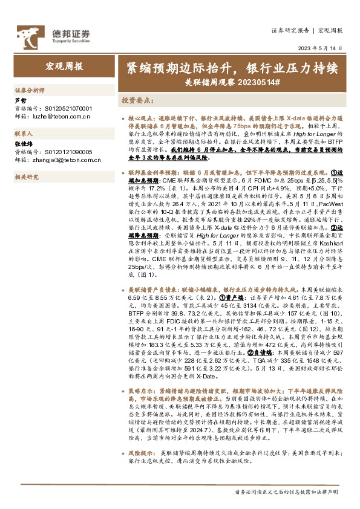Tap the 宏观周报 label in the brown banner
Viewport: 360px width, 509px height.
tap(65, 66)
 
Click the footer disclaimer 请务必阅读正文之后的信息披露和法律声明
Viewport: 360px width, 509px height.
tap(287, 492)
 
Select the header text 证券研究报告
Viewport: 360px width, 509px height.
tap(290, 30)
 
